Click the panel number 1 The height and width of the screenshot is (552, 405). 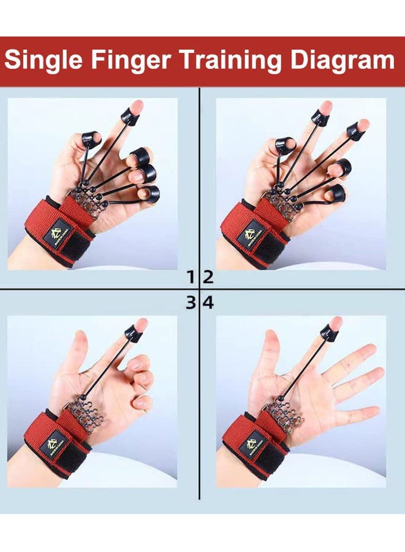tap(191, 277)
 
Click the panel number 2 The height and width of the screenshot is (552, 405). tap(208, 277)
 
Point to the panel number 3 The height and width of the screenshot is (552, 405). tap(191, 303)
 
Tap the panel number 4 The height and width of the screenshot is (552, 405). tap(208, 303)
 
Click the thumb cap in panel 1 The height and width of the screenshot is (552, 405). tap(90, 138)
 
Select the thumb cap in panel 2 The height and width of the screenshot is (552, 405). tap(285, 145)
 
